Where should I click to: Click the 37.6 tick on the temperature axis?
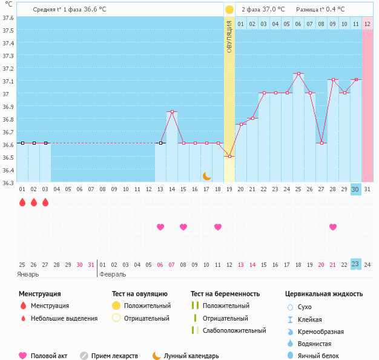coord(7,18)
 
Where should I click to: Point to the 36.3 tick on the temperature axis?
coord(7,182)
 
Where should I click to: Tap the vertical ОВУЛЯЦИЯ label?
coord(229,36)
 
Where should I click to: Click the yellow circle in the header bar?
coord(229,10)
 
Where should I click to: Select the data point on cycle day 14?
coord(173,111)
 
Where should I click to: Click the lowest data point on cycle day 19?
coord(229,157)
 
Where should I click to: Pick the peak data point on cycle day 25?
coord(298,74)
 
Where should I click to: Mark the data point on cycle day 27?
coord(321,143)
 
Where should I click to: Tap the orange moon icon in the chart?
coord(207,175)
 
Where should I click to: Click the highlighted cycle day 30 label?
coord(355,189)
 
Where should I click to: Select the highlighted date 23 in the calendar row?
coord(355,264)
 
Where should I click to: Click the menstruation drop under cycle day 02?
coord(34,202)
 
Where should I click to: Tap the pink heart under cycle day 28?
coord(332,227)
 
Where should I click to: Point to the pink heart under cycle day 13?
coord(160,227)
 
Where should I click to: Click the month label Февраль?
coord(113,274)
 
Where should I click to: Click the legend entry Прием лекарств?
coord(114,356)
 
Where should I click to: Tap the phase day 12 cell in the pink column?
coord(367,24)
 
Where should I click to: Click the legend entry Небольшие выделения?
coord(64,318)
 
